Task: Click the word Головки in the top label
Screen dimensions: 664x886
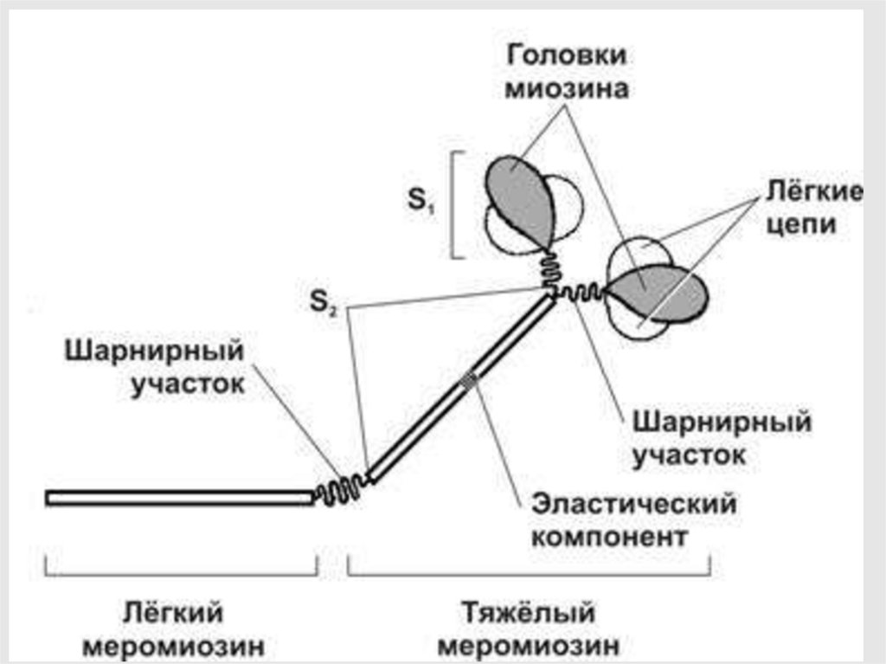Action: click(x=567, y=55)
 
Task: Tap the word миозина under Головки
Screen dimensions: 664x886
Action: click(x=567, y=89)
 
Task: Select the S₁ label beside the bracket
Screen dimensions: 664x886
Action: click(x=421, y=203)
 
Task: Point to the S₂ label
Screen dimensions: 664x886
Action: click(x=327, y=306)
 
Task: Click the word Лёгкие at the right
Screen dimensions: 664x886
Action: click(x=812, y=191)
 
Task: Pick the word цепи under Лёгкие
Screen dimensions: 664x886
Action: click(x=812, y=226)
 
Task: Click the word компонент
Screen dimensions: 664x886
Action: click(x=609, y=537)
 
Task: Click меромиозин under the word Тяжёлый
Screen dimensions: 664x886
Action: click(x=529, y=646)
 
